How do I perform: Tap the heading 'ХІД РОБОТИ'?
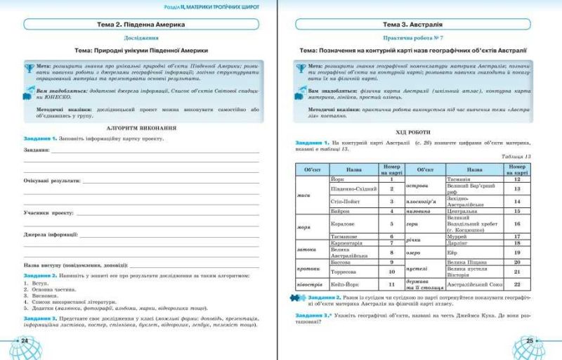click(x=417, y=132)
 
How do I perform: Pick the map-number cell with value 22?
click(x=516, y=284)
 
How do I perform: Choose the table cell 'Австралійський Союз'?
click(x=475, y=284)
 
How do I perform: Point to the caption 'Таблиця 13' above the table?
click(x=518, y=156)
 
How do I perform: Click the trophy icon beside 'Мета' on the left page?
click(x=29, y=67)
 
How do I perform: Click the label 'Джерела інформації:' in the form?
click(x=50, y=234)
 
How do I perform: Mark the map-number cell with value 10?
click(x=392, y=271)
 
